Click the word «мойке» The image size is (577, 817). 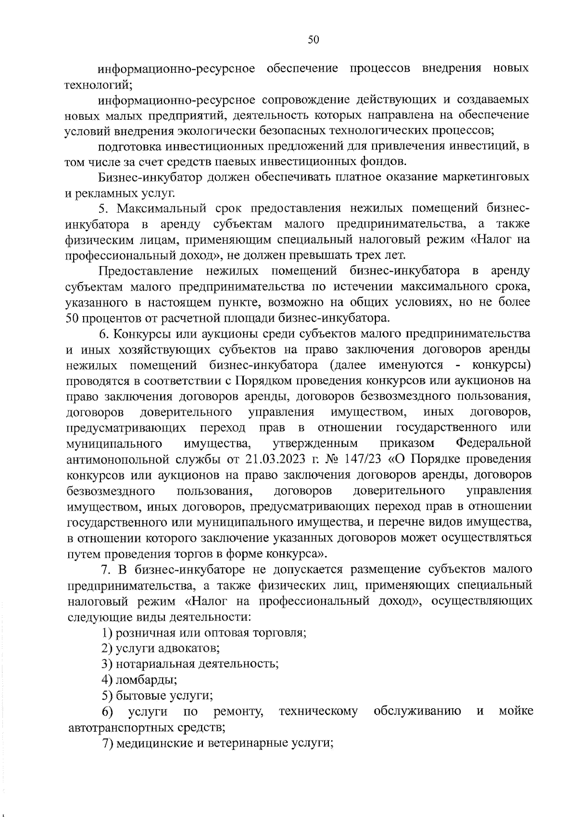(x=515, y=711)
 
